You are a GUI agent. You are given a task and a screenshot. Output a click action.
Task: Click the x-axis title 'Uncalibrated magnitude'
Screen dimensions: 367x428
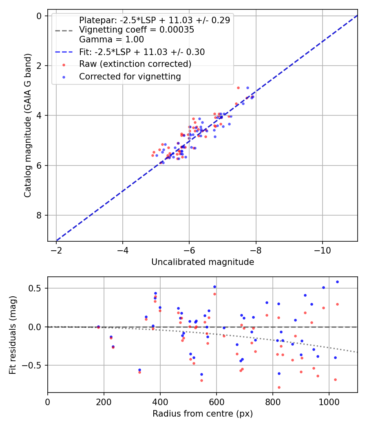click(203, 262)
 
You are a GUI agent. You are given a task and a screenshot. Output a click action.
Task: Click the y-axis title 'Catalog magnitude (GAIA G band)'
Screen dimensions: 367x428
click(28, 126)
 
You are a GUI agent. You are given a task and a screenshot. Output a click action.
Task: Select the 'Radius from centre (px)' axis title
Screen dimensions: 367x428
click(203, 414)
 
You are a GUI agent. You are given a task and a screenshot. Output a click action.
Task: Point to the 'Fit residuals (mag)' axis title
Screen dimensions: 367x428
click(13, 335)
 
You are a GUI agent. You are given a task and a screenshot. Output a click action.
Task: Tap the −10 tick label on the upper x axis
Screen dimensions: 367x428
click(322, 250)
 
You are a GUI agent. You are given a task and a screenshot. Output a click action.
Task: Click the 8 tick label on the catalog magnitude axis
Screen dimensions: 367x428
click(39, 215)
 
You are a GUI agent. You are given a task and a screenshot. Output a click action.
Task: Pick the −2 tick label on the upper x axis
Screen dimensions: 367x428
click(56, 250)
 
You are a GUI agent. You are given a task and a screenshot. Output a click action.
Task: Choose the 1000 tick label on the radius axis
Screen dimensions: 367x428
click(329, 402)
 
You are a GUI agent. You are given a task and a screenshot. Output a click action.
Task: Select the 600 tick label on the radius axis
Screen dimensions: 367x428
click(217, 402)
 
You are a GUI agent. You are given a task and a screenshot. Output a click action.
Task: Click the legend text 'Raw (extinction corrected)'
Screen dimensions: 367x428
click(135, 64)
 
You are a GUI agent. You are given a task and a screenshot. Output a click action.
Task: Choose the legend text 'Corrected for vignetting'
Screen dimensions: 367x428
click(130, 77)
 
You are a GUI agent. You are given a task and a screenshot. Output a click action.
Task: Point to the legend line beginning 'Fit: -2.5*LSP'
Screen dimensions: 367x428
click(142, 52)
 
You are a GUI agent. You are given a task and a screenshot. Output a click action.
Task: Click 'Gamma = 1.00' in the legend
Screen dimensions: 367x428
click(111, 40)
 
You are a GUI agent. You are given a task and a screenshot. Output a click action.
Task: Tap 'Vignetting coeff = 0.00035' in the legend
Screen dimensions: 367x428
click(137, 30)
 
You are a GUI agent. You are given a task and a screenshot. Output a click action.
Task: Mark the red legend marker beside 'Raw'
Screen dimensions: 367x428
click(64, 65)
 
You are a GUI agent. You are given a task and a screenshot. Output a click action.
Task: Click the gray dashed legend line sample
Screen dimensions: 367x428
click(64, 31)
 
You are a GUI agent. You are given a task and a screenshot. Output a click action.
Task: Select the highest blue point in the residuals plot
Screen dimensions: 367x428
click(337, 282)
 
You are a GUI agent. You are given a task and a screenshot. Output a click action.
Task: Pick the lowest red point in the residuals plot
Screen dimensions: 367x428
click(279, 387)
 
